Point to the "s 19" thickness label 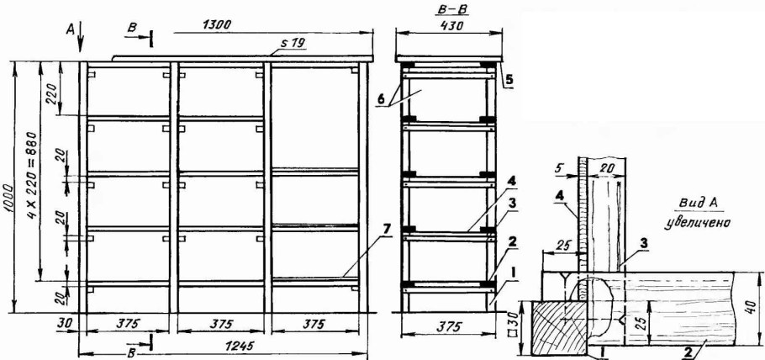[293, 43]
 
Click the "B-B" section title [447, 8]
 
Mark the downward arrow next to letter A [81, 37]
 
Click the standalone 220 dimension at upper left [54, 90]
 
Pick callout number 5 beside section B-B [509, 80]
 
